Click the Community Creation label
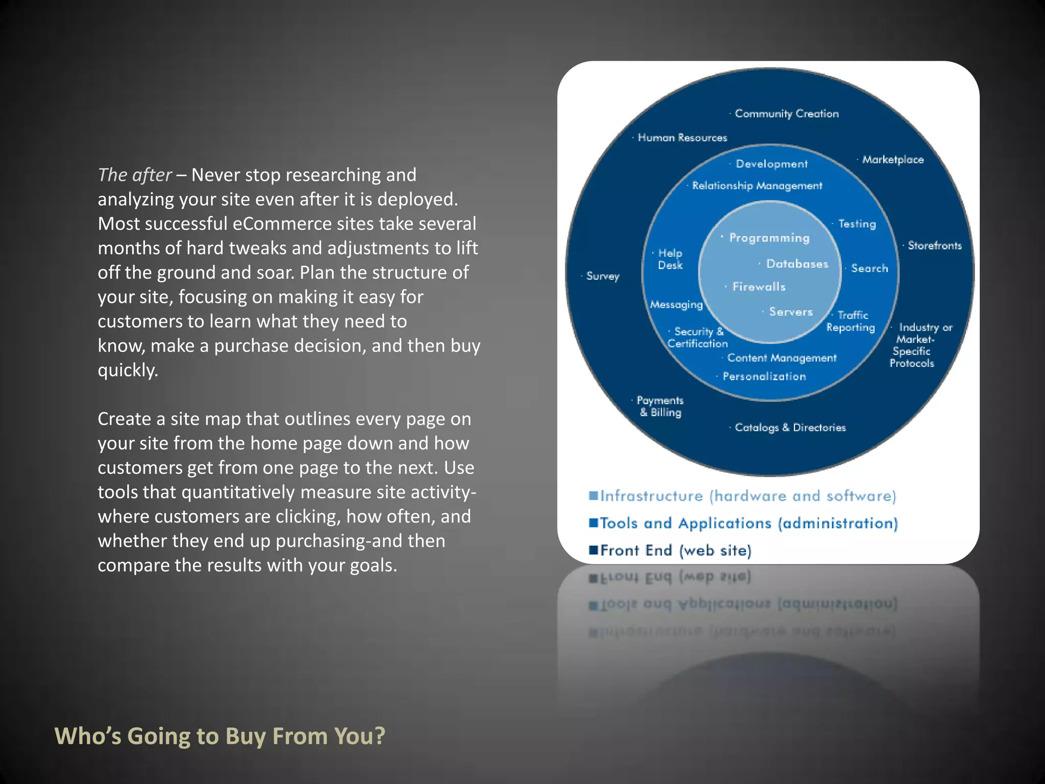click(786, 114)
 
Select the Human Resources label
click(682, 138)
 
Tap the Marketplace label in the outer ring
click(892, 160)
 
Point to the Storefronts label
click(934, 246)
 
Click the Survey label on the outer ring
click(603, 276)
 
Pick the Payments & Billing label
click(660, 406)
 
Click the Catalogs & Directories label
click(790, 428)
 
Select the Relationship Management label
click(757, 186)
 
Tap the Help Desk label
click(670, 259)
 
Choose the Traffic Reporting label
click(851, 322)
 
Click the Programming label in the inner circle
click(769, 238)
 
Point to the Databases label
click(797, 264)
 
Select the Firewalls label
click(759, 287)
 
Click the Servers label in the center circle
click(790, 312)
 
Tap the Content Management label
click(782, 358)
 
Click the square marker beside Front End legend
click(593, 550)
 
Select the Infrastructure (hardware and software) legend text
click(748, 496)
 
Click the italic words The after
click(135, 175)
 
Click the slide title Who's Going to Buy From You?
click(220, 736)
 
